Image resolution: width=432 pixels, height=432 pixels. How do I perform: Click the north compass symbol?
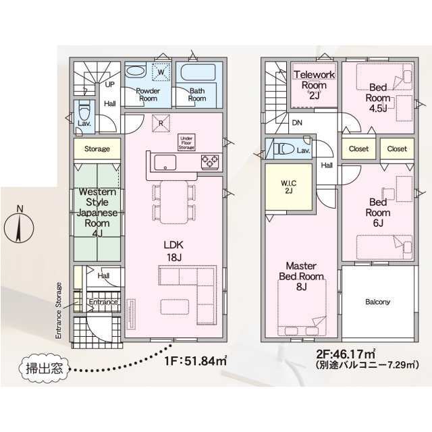[19, 228]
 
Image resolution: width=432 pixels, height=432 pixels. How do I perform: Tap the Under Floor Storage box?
[186, 142]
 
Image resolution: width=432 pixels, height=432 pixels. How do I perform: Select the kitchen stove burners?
[210, 161]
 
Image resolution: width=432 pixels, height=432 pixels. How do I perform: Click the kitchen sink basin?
[165, 163]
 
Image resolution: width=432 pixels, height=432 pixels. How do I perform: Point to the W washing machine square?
[161, 72]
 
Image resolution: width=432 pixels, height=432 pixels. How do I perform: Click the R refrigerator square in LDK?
[161, 124]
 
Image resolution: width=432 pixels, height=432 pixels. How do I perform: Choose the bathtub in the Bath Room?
[198, 72]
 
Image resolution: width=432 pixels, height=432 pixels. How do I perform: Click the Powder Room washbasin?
[136, 71]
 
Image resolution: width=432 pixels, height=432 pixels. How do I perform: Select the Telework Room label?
[314, 80]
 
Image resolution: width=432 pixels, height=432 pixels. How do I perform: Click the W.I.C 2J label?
[288, 186]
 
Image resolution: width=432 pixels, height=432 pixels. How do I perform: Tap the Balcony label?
[378, 302]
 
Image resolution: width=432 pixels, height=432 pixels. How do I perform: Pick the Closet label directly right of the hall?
[358, 148]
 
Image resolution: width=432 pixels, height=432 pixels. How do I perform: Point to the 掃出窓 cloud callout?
[44, 369]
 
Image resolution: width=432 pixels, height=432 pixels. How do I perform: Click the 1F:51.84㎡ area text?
[195, 360]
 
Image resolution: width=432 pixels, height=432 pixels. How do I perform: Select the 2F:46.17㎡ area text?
[346, 354]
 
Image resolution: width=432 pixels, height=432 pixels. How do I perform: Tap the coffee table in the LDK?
[175, 307]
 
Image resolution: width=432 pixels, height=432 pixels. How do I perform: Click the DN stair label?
[297, 123]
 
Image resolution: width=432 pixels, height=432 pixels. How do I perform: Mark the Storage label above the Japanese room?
[97, 148]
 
